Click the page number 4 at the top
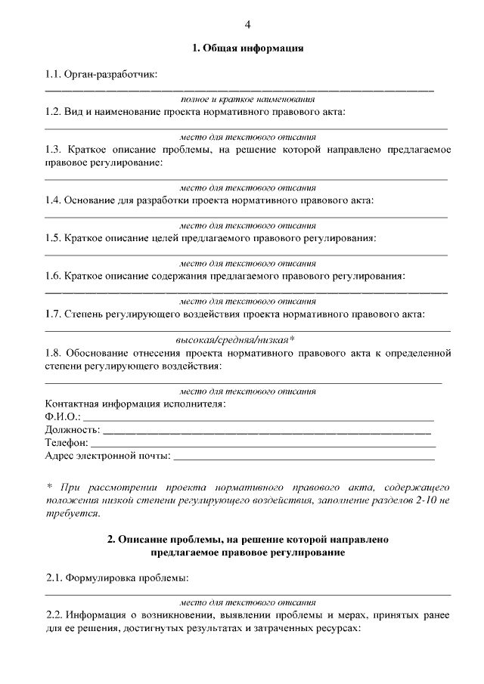pos(247,25)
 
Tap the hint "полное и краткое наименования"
pos(247,100)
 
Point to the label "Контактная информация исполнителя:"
pos(135,404)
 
